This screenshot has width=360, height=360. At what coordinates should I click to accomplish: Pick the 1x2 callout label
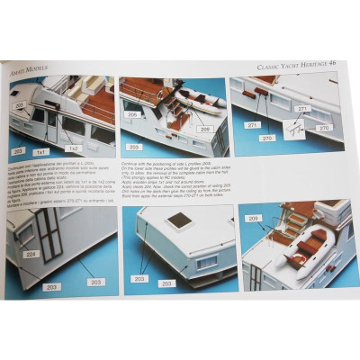point(73,147)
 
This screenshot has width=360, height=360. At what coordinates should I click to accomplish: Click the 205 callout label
point(132,114)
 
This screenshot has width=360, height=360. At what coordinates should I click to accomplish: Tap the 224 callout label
point(29,254)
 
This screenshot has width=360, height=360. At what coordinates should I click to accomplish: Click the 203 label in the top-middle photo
point(134,146)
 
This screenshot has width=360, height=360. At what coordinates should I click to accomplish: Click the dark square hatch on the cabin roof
point(179,220)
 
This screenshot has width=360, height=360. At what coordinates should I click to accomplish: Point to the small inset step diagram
point(293,128)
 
